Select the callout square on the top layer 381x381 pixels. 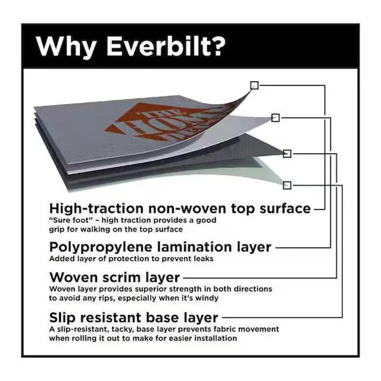254,85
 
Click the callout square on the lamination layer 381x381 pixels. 275,118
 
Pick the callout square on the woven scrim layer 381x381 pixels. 287,154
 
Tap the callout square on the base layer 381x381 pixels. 287,185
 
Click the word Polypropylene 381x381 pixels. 101,248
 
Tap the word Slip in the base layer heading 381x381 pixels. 62,318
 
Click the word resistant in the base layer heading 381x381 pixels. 110,318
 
